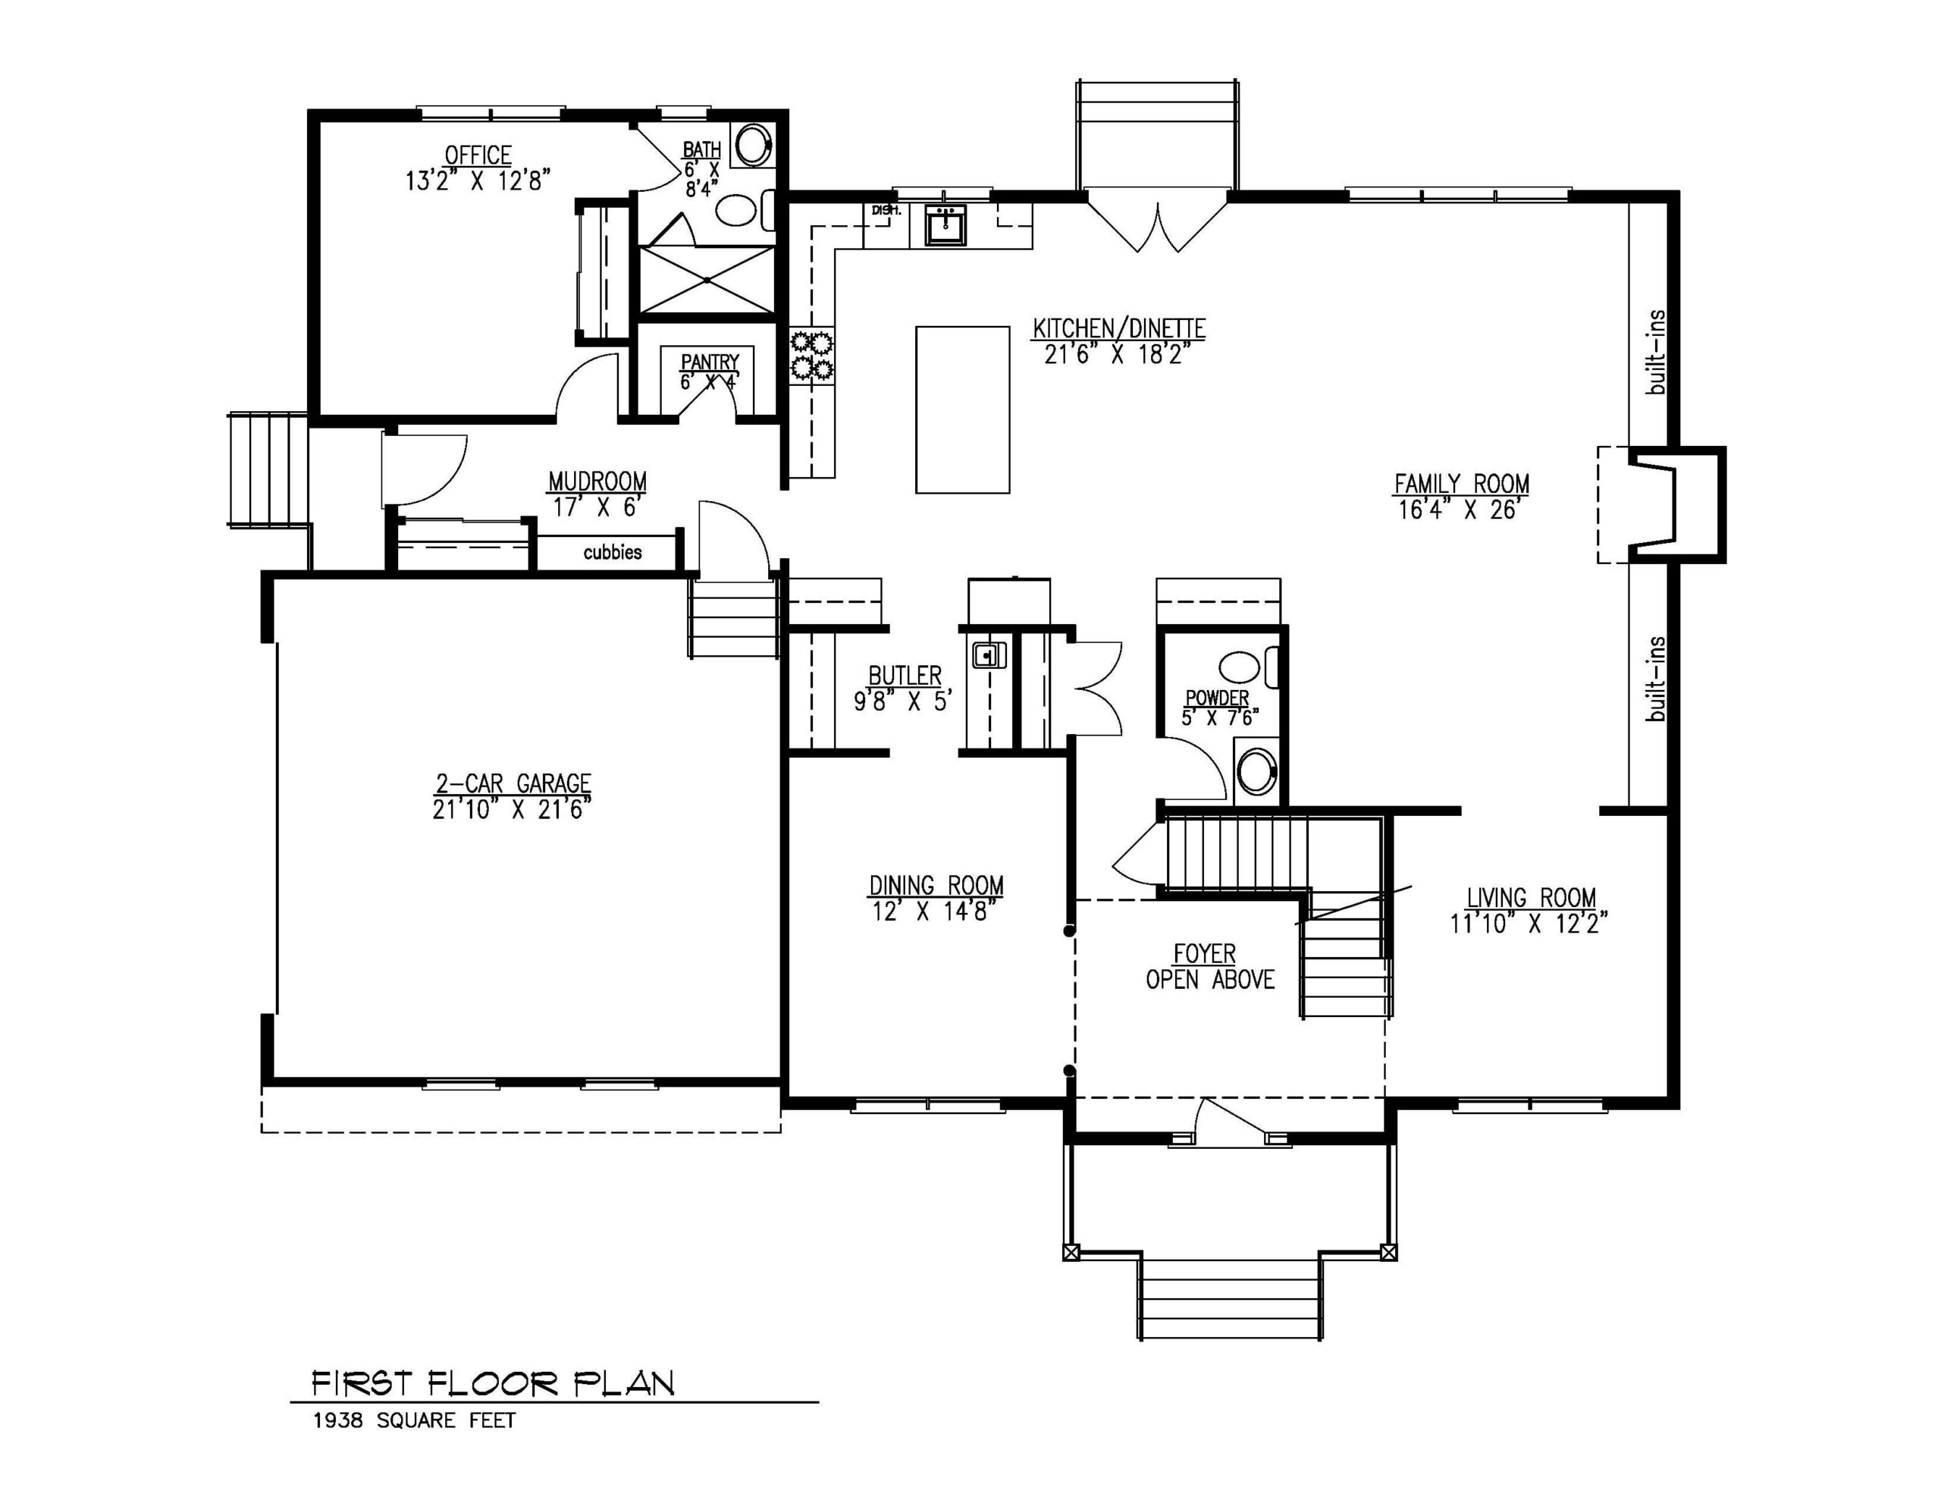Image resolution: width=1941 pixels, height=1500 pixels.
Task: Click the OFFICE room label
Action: [x=478, y=155]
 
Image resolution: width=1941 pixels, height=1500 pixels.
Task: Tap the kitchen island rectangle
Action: [x=962, y=409]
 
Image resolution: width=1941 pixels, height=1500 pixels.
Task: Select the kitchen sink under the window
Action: [x=945, y=224]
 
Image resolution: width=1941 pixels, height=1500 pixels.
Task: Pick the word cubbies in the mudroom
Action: [x=613, y=552]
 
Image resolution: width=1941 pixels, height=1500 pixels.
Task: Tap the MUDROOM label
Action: [x=597, y=482]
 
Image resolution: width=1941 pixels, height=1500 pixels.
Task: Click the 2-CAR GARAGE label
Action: [x=513, y=783]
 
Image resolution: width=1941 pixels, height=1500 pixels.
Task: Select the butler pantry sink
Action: [x=988, y=655]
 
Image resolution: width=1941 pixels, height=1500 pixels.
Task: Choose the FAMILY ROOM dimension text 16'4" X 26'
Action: [x=1461, y=510]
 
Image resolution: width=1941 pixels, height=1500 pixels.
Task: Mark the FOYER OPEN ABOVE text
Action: [x=1209, y=967]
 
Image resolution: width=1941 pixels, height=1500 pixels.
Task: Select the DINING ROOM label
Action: [x=936, y=886]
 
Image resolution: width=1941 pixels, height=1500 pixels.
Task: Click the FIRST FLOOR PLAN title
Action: [x=494, y=1382]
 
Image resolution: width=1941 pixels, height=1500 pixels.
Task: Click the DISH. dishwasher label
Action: [x=886, y=211]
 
